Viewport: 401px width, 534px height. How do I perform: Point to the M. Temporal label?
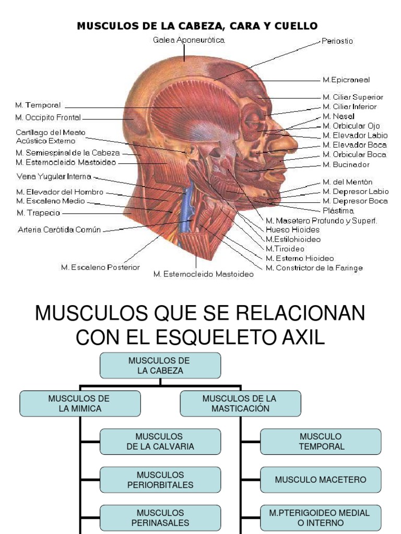(39, 105)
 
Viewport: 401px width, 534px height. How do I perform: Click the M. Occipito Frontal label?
(49, 117)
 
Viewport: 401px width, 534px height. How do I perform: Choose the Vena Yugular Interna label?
(54, 176)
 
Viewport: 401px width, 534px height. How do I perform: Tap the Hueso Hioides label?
(292, 229)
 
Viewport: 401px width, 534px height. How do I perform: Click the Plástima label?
(338, 211)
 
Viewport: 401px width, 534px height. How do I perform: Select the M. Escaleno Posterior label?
(100, 268)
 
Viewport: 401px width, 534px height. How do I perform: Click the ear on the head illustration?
(192, 151)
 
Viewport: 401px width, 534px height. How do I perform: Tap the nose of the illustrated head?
(286, 141)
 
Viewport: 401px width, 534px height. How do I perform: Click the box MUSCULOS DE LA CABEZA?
(160, 366)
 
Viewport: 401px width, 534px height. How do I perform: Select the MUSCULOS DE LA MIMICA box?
(79, 404)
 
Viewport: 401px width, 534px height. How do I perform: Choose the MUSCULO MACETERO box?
(321, 479)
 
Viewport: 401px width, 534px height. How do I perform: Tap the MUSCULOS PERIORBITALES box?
(160, 479)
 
